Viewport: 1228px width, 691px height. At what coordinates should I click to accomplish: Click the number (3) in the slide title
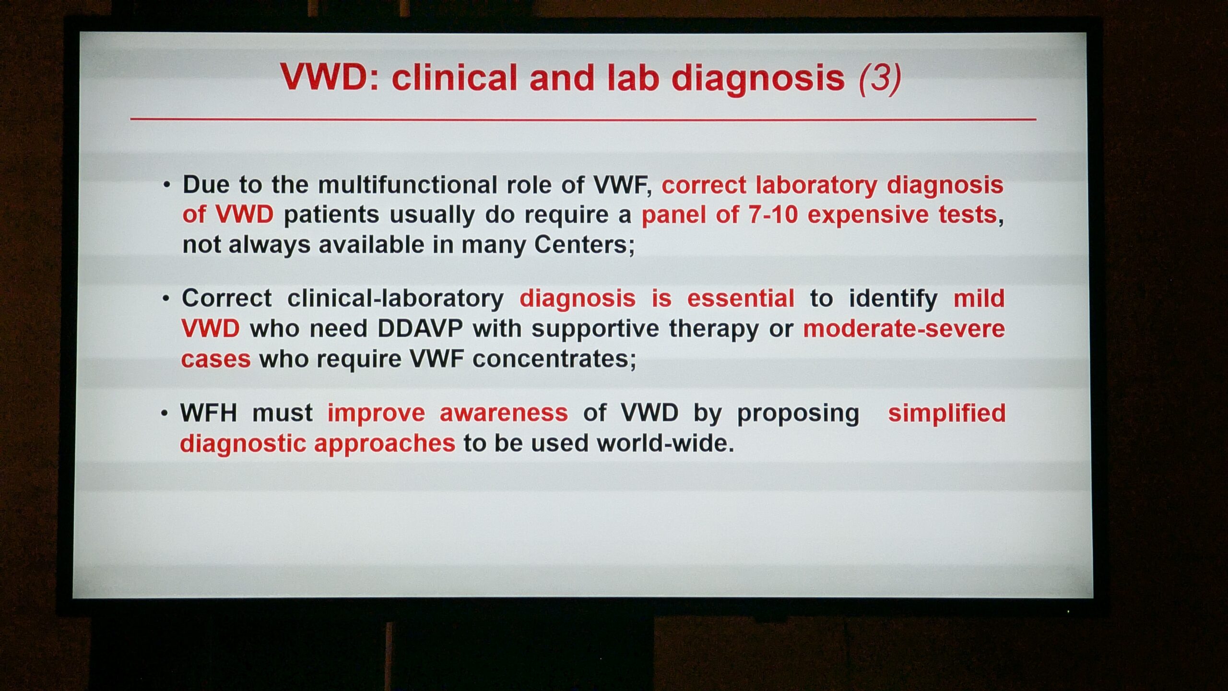(880, 78)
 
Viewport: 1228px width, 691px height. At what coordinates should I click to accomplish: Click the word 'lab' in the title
(633, 77)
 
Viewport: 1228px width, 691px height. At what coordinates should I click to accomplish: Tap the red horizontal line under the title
(583, 119)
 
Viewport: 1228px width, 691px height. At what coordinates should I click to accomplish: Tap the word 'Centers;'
(584, 245)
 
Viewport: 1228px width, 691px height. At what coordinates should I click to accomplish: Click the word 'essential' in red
(741, 298)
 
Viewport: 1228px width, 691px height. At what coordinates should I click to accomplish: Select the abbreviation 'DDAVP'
(420, 329)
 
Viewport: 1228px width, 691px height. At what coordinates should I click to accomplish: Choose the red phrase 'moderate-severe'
(904, 329)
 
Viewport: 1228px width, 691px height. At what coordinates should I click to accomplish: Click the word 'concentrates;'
(554, 359)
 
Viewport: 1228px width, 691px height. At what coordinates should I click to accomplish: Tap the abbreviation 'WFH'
(209, 413)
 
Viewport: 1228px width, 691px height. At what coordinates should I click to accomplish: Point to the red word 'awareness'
(504, 413)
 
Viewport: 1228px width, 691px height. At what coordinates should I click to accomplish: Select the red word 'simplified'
(946, 413)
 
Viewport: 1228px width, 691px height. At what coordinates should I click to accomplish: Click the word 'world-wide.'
(665, 443)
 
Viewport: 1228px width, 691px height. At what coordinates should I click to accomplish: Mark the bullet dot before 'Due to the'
(166, 185)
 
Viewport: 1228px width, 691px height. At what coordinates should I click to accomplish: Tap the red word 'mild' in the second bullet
(979, 298)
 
